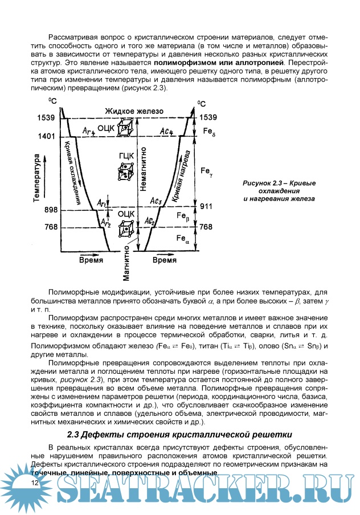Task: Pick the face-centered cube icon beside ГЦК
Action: coord(124,171)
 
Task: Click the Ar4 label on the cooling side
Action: coord(88,132)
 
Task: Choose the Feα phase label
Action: coord(183,239)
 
